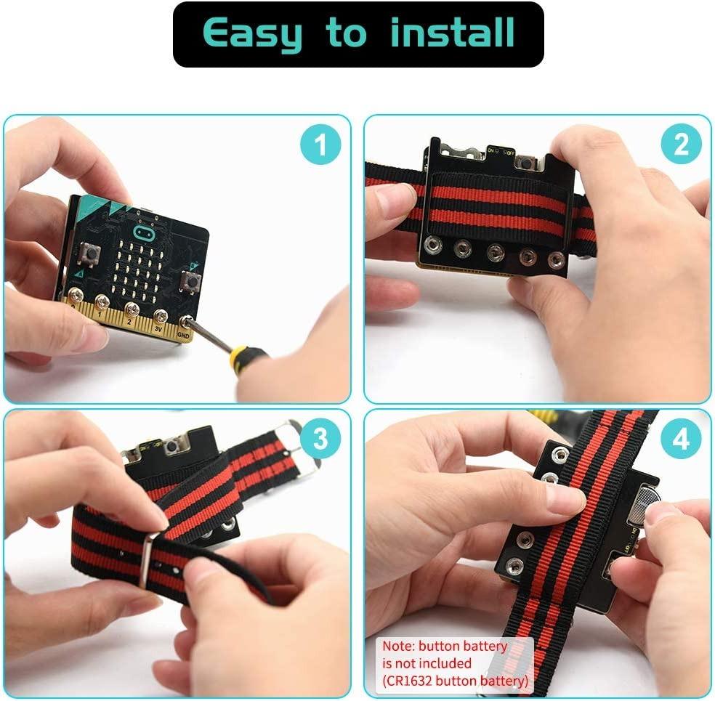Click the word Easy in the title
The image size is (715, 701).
tap(251, 34)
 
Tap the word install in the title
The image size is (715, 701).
tap(452, 33)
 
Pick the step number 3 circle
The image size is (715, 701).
tap(320, 439)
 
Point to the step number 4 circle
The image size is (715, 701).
tap(681, 439)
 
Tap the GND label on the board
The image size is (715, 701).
tap(182, 336)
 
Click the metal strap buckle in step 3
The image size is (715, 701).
tap(299, 447)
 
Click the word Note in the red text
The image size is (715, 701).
tap(399, 646)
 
